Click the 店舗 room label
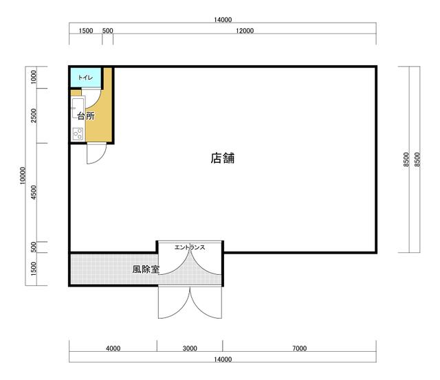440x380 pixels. coord(223,158)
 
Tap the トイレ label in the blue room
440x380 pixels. coord(85,77)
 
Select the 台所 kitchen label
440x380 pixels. coord(86,116)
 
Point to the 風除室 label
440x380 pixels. coord(146,269)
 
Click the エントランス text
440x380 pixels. coord(190,247)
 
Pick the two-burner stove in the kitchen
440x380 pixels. coord(78,133)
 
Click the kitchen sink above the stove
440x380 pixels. coord(78,108)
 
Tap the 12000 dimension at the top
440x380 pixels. coord(245,30)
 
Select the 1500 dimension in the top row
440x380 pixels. coord(85,30)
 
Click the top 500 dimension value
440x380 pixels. coord(107,30)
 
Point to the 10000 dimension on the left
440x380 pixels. coord(23,176)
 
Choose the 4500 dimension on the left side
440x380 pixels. coord(34,192)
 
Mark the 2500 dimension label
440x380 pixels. coord(34,115)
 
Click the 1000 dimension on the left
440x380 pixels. coord(34,77)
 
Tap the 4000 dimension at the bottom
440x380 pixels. coord(113,348)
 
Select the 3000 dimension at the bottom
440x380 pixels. coord(190,348)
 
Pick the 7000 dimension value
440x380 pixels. coord(300,348)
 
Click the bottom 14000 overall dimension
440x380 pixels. coord(223,359)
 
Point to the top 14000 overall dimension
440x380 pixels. coord(223,20)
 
